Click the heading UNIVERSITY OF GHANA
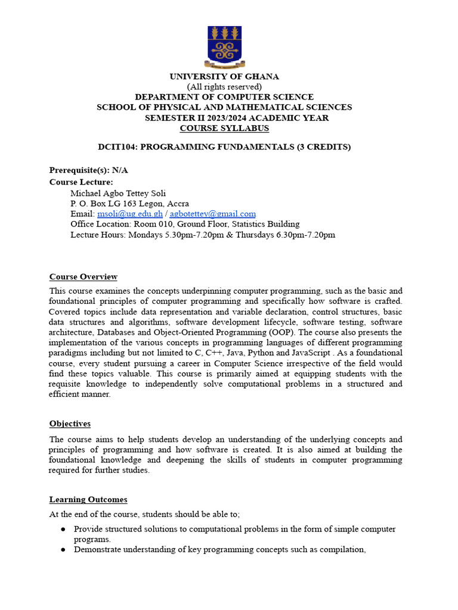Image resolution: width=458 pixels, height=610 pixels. [x=224, y=76]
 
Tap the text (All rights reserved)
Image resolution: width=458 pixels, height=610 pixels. [x=224, y=86]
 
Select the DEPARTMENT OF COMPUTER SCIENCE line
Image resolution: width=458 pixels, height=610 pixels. [x=224, y=97]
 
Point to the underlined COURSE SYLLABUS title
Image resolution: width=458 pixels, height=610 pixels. [x=224, y=128]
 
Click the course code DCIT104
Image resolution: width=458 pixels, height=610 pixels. [x=117, y=147]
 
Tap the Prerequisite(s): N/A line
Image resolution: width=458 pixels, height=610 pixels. [x=88, y=170]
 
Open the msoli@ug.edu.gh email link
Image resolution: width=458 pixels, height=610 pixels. [x=130, y=214]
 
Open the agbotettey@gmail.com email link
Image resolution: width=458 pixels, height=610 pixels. [x=213, y=214]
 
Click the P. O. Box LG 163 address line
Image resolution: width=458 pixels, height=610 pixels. [x=129, y=203]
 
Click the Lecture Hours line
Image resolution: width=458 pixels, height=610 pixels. [x=203, y=235]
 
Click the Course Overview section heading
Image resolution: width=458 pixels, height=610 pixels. [x=83, y=277]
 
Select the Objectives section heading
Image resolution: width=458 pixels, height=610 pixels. [x=70, y=424]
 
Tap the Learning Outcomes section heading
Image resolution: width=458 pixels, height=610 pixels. [x=88, y=500]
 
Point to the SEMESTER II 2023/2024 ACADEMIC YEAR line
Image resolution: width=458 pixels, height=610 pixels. [x=237, y=118]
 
